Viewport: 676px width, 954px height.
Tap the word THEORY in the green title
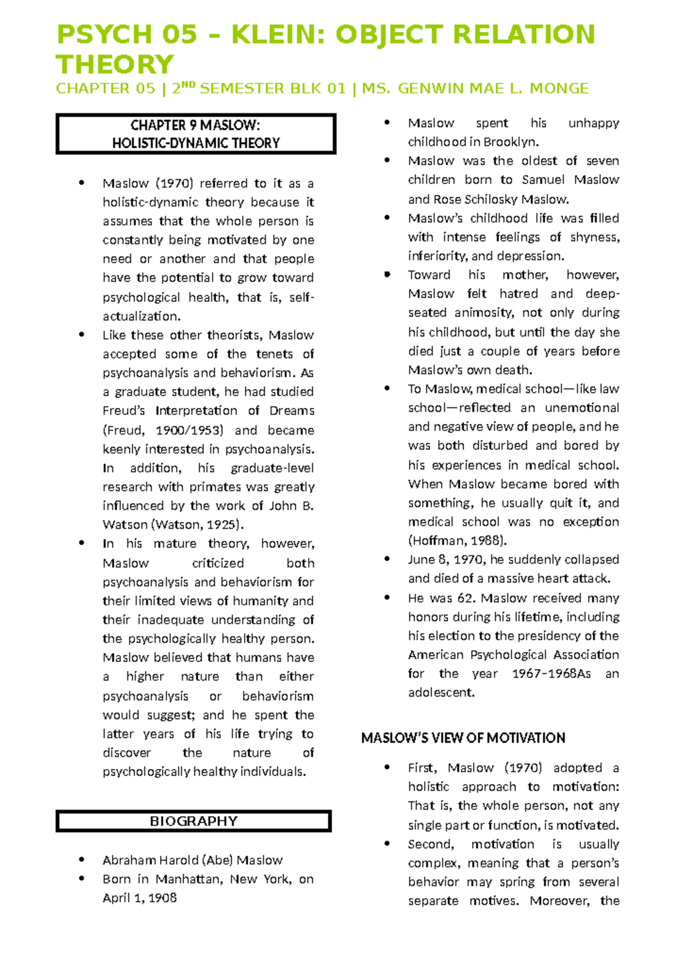point(115,64)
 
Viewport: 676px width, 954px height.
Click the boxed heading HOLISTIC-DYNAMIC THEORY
point(195,143)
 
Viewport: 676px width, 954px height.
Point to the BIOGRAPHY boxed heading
point(193,821)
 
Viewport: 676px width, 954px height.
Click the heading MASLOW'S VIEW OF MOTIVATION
point(463,738)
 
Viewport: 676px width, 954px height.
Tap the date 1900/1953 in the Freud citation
point(189,430)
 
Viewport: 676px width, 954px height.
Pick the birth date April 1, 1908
point(140,898)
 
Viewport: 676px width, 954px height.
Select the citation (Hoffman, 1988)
point(457,541)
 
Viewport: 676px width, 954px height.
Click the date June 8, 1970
point(446,560)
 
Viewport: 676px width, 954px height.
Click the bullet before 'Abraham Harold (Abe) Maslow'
point(82,860)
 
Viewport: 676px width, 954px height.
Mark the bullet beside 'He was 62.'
point(387,598)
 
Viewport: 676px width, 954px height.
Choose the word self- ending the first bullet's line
point(301,297)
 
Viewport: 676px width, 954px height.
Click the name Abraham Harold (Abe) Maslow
point(192,860)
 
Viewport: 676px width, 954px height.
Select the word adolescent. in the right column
point(441,693)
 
